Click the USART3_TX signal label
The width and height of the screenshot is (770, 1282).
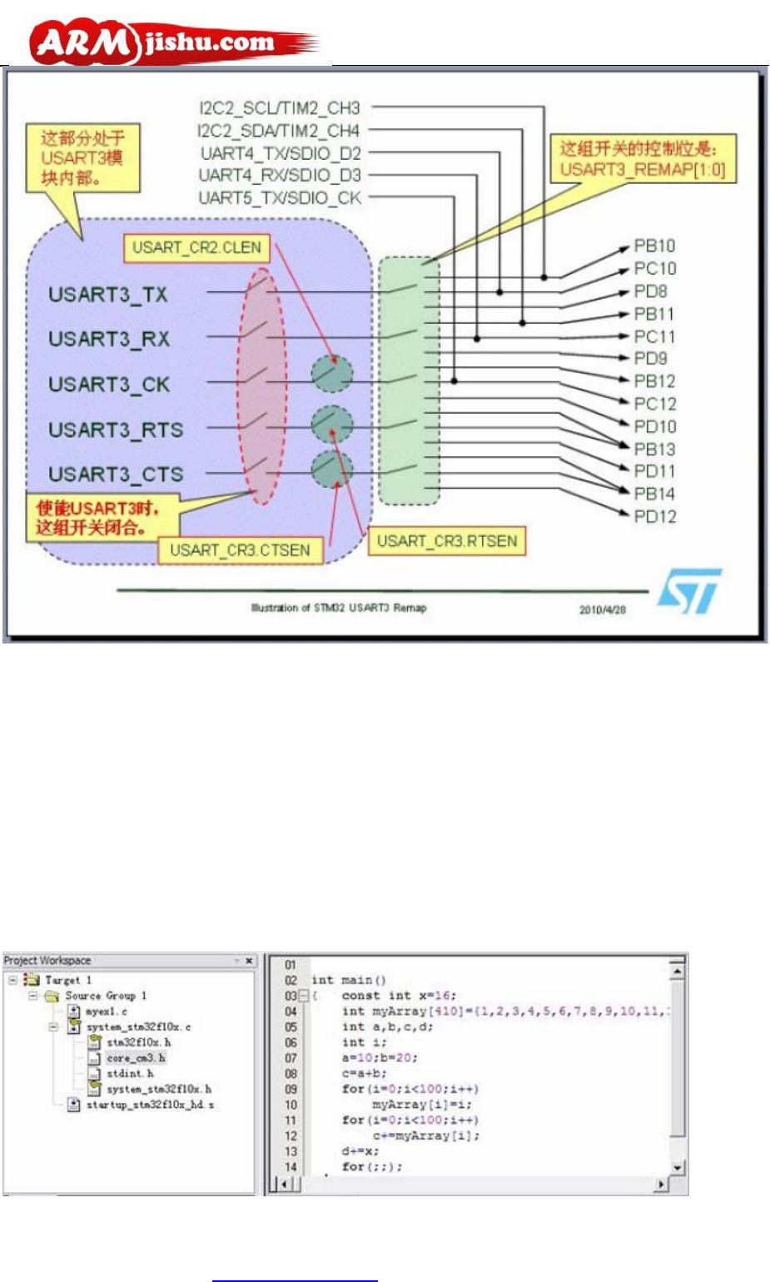[x=108, y=295]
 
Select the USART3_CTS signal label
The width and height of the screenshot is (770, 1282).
[x=116, y=475]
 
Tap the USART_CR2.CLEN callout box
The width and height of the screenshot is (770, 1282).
[x=197, y=247]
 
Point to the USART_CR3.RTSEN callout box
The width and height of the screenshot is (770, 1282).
[x=447, y=541]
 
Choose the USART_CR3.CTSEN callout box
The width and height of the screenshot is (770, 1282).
[x=240, y=550]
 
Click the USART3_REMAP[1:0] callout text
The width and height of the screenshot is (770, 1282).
[x=642, y=170]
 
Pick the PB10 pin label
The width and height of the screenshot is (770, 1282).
[x=654, y=246]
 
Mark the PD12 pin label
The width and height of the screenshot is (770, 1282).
[x=655, y=516]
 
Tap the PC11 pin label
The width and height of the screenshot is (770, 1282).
[x=654, y=336]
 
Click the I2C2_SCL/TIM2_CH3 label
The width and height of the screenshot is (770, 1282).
[x=280, y=108]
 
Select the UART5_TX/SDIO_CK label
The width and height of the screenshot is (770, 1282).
[x=280, y=198]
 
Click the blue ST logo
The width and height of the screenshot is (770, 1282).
[x=689, y=590]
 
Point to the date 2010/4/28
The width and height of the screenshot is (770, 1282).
[x=603, y=609]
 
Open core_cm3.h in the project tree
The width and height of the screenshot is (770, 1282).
[x=136, y=1058]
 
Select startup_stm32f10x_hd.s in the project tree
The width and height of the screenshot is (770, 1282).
[x=150, y=1105]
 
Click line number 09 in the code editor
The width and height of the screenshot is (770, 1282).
[x=291, y=1089]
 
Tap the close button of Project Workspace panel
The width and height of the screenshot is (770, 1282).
[x=248, y=961]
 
